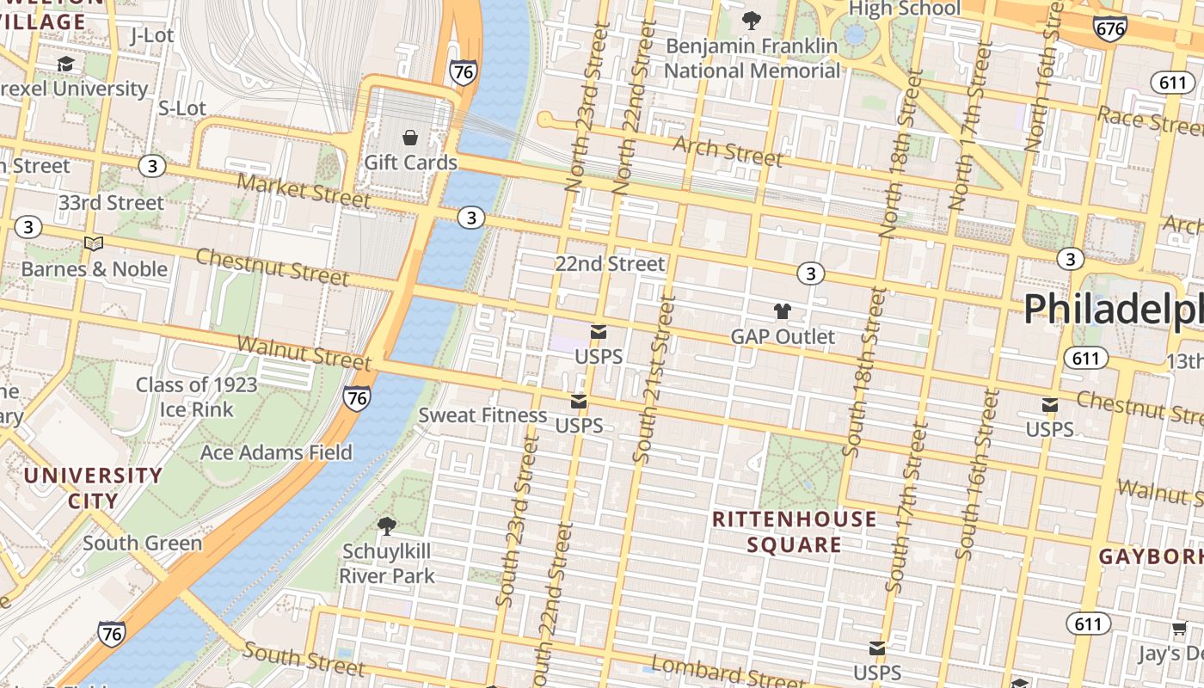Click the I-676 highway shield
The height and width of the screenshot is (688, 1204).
click(1110, 28)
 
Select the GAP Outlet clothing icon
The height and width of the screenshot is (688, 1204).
click(782, 311)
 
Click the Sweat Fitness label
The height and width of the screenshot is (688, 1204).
click(482, 415)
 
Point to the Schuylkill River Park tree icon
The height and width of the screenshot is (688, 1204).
click(387, 525)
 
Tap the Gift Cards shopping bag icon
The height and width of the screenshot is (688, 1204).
click(410, 138)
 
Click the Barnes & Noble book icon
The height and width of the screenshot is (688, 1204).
click(94, 244)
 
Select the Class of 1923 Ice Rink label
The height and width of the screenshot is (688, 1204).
click(196, 396)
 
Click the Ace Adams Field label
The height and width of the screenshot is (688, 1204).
click(276, 452)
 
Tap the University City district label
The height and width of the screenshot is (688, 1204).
click(93, 488)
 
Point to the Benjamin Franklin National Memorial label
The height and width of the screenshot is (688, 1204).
click(752, 58)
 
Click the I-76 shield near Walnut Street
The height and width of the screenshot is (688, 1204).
click(357, 397)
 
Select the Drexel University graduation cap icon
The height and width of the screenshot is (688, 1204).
click(65, 64)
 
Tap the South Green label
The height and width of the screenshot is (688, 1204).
click(142, 543)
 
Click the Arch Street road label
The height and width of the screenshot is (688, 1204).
click(728, 151)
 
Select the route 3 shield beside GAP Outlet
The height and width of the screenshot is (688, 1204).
click(810, 273)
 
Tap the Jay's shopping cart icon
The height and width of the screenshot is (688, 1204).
click(1178, 630)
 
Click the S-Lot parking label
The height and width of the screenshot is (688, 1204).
click(182, 107)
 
